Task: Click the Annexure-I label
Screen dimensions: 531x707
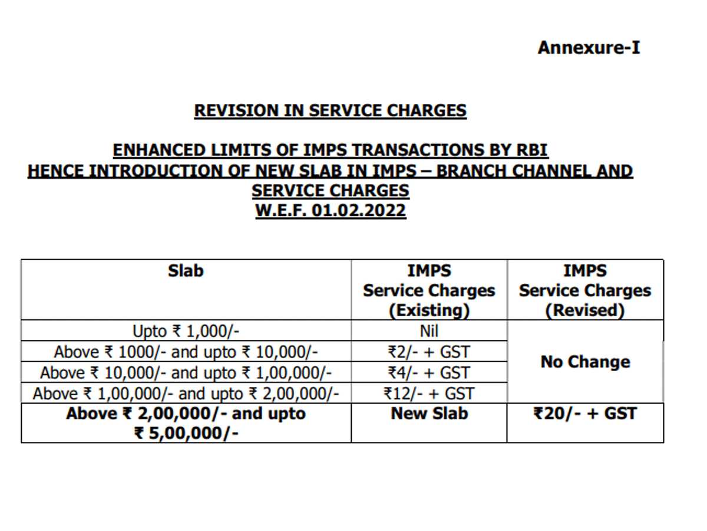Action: [588, 48]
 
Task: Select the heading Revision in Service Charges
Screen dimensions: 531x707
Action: [330, 110]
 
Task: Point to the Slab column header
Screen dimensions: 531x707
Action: [186, 271]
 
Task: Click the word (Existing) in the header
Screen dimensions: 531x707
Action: [429, 310]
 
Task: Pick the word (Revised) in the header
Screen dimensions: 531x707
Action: [584, 310]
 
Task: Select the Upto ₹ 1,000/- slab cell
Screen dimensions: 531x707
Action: [186, 331]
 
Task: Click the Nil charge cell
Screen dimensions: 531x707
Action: [429, 331]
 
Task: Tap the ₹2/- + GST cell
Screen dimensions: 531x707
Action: [429, 352]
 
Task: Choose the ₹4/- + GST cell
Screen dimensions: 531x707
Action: [429, 373]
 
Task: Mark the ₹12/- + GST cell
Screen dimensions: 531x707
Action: [429, 394]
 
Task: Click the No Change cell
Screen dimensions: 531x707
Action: [585, 362]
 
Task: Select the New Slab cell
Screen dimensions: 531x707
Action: [429, 414]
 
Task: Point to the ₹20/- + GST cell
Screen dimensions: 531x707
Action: [585, 414]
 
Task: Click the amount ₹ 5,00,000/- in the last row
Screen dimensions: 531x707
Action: [186, 434]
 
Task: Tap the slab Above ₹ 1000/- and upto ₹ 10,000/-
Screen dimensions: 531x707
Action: [186, 352]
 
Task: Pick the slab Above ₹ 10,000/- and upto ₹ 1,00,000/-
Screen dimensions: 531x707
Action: [186, 373]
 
